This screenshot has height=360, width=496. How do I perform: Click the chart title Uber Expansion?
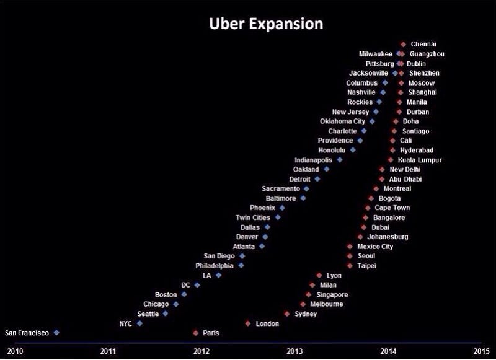(265, 24)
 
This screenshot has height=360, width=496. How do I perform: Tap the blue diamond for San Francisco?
(56, 333)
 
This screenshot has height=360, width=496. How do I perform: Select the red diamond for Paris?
(196, 333)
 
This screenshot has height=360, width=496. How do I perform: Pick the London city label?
(267, 323)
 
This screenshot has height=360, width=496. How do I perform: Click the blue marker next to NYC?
(139, 323)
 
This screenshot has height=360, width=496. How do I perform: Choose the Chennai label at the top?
(423, 44)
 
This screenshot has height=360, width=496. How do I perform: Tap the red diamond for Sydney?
(287, 314)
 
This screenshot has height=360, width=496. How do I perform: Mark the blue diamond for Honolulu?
(353, 150)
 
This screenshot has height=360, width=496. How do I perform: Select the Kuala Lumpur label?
(420, 160)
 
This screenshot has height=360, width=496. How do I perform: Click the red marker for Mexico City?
(350, 247)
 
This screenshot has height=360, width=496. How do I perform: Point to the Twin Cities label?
(253, 217)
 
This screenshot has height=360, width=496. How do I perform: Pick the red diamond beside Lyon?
(319, 275)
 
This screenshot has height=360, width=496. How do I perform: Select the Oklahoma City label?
(342, 121)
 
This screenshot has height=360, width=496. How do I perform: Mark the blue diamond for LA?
(218, 275)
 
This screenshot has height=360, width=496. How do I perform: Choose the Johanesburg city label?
(387, 237)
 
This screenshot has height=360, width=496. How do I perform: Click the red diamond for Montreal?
(376, 188)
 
